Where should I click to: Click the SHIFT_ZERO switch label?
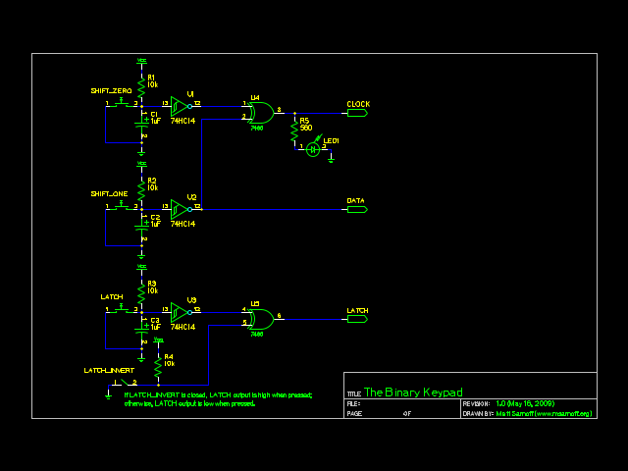[x=111, y=90]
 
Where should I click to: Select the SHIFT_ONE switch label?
[x=109, y=193]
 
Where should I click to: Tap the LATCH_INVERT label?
[x=108, y=370]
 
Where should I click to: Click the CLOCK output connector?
[x=356, y=113]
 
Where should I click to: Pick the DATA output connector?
[x=356, y=209]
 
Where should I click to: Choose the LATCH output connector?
[x=356, y=319]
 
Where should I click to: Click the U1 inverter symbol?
[x=180, y=104]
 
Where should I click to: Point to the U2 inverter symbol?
[x=180, y=208]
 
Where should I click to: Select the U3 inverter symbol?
[x=180, y=311]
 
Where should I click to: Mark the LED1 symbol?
[x=313, y=149]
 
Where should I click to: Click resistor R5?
[x=294, y=130]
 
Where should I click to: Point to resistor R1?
[x=142, y=85]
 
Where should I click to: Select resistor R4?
[x=158, y=364]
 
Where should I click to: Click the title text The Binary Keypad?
[x=413, y=392]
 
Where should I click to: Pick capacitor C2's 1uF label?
[x=156, y=224]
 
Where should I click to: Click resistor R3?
[x=142, y=291]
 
